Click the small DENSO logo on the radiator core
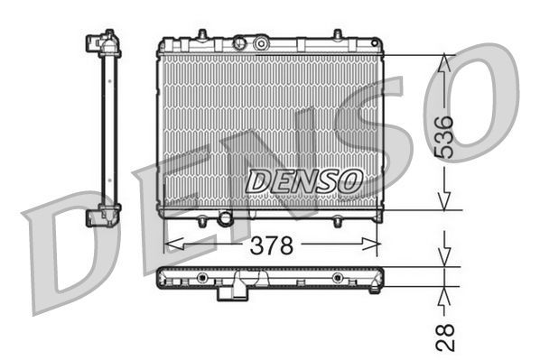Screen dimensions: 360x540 (304, 180)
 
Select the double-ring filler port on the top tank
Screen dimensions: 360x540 (261, 42)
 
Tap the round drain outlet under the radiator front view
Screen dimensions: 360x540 (225, 219)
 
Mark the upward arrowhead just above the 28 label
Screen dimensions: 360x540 (444, 293)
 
